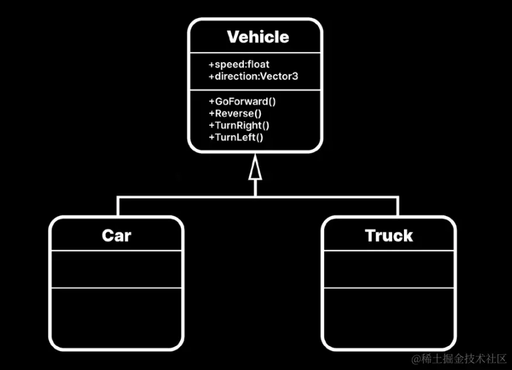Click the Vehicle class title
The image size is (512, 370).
[x=258, y=37]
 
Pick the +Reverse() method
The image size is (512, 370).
[x=235, y=114]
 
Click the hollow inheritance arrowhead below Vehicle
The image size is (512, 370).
[x=254, y=169]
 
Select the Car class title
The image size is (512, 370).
[x=117, y=236]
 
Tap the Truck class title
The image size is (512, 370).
[x=389, y=236]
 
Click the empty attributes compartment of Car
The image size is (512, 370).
[x=117, y=269]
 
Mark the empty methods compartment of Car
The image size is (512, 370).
[x=117, y=317]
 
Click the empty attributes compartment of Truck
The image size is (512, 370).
[x=389, y=269]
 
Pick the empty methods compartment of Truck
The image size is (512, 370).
[x=389, y=317]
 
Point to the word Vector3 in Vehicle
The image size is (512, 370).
[x=285, y=77]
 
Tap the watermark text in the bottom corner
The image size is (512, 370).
[x=459, y=359]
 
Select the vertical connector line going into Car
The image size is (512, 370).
[x=117, y=206]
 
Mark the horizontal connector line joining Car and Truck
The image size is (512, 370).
[x=188, y=197]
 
